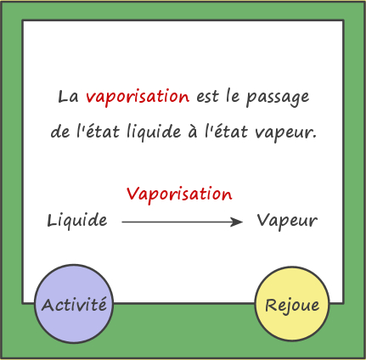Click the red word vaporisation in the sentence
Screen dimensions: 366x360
click(138, 97)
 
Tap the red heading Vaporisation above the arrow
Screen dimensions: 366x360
click(179, 194)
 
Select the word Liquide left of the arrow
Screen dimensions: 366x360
click(77, 220)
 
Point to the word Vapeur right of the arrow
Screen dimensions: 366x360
click(287, 221)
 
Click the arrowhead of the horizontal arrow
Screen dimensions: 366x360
click(237, 222)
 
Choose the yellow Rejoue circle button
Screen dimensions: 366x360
click(292, 304)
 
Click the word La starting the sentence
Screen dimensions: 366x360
click(68, 97)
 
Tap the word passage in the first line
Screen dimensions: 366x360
click(278, 98)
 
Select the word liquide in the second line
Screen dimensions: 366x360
click(154, 132)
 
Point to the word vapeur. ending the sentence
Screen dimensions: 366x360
click(285, 133)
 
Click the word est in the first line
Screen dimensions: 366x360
click(208, 97)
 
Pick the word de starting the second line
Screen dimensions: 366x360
click(60, 132)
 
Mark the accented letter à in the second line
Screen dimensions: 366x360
click(193, 132)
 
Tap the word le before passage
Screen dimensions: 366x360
click(233, 96)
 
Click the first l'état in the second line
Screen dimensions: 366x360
click(99, 131)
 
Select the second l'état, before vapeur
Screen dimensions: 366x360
click(226, 131)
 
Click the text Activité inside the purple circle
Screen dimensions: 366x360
click(74, 305)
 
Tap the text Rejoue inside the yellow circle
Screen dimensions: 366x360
click(292, 306)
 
